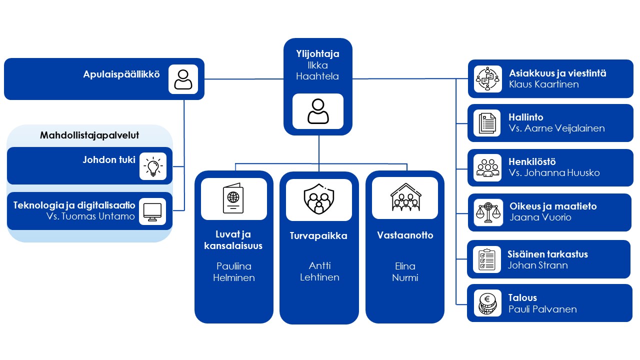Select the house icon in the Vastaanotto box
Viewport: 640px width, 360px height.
pos(404,198)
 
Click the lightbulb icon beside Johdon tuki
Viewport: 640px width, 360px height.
pos(152,166)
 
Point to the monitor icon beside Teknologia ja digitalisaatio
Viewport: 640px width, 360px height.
pos(152,211)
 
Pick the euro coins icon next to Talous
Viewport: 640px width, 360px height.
pos(487,303)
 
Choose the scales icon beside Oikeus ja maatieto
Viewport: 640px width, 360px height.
pos(487,212)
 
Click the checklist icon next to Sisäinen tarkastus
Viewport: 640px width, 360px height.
pos(487,259)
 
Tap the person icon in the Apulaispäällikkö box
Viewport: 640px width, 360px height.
pos(183,79)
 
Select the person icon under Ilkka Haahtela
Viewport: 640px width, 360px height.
pos(318,111)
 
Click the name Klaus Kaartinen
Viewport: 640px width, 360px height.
pos(543,84)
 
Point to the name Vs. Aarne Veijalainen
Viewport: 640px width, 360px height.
pos(556,128)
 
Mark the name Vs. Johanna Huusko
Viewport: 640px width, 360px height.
pos(554,173)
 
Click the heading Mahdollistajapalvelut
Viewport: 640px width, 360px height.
pos(89,135)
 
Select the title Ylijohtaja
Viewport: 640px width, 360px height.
pos(318,54)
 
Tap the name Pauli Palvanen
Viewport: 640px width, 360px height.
pos(542,309)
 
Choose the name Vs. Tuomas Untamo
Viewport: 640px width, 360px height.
pos(90,216)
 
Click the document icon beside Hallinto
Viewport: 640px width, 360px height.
pos(487,123)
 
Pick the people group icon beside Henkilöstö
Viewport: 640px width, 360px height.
pos(487,167)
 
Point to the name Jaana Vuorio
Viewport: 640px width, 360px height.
pos(540,217)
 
